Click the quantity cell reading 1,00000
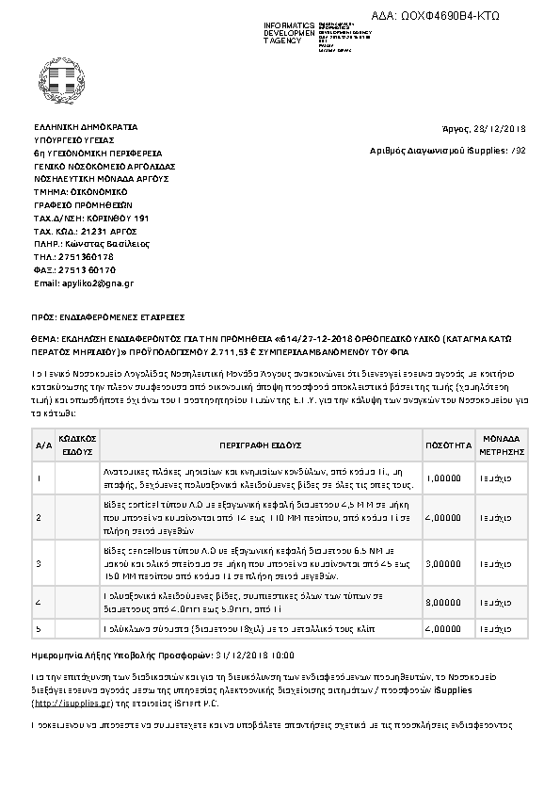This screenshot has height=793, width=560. (442, 478)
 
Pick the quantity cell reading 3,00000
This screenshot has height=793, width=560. (442, 563)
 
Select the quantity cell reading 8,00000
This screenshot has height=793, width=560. (442, 601)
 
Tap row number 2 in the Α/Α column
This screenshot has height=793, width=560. (39, 518)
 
